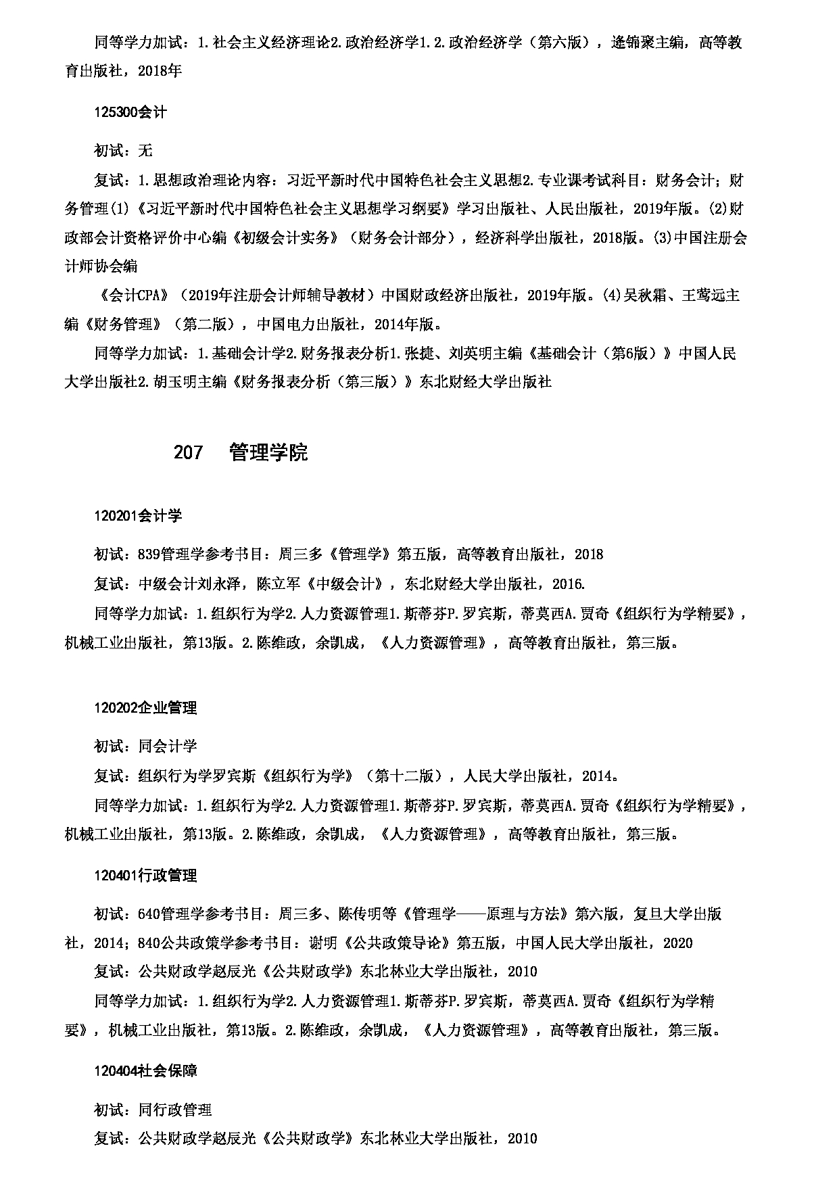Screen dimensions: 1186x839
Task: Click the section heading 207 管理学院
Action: (241, 452)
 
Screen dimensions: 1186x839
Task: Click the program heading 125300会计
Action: (130, 112)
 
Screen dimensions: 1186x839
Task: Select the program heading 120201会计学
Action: (138, 516)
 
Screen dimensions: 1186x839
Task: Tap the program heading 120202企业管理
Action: (145, 708)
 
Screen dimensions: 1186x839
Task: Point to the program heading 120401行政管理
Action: (145, 876)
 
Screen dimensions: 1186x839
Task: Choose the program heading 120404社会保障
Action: (145, 1071)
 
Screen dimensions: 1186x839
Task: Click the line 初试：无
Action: (123, 150)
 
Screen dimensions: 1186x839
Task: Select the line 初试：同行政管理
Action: (153, 1110)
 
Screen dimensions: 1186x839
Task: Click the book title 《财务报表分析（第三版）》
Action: (324, 382)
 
